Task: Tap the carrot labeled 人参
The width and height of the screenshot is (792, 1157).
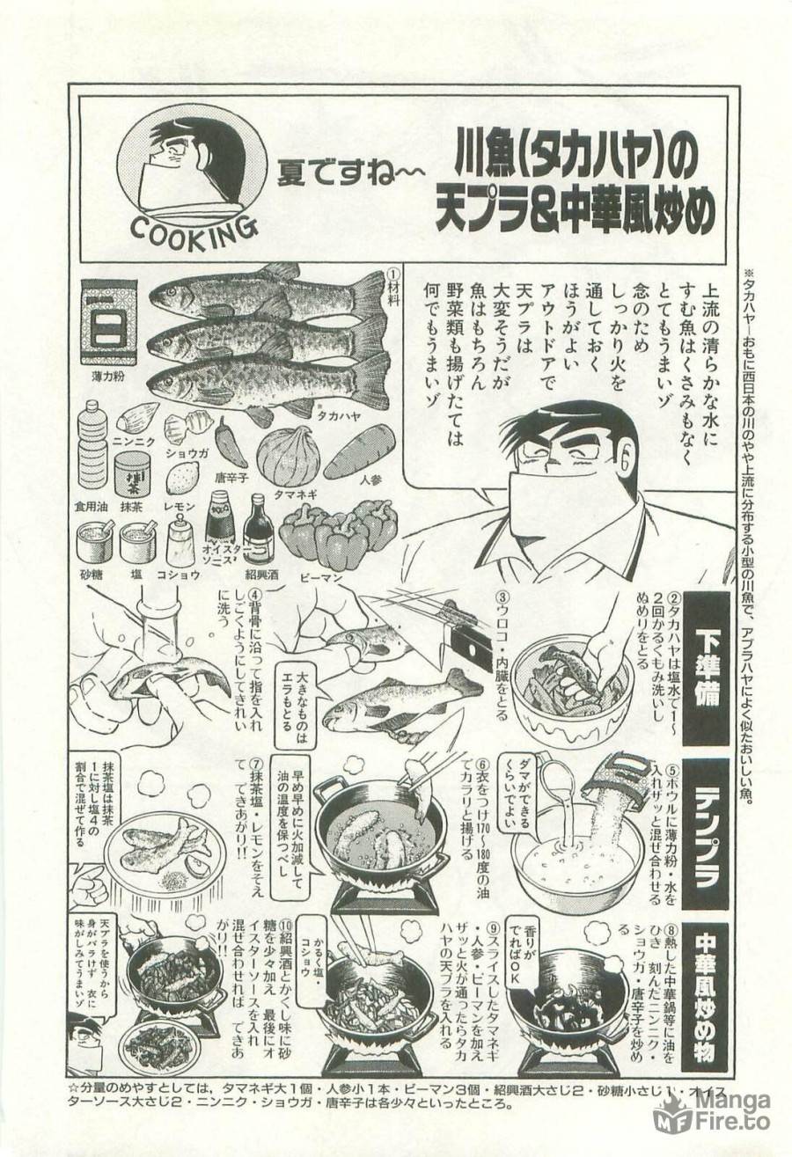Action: click(x=358, y=450)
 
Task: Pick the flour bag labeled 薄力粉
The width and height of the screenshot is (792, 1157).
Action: click(x=109, y=321)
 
